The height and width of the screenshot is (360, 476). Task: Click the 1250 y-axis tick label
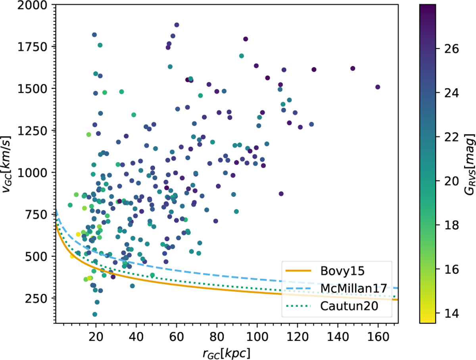33,130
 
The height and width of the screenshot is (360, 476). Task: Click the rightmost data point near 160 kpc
378,87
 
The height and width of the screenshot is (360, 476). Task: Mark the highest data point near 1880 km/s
177,25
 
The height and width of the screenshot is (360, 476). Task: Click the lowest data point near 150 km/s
95,314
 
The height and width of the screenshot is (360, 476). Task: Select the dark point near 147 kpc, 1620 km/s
353,68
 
